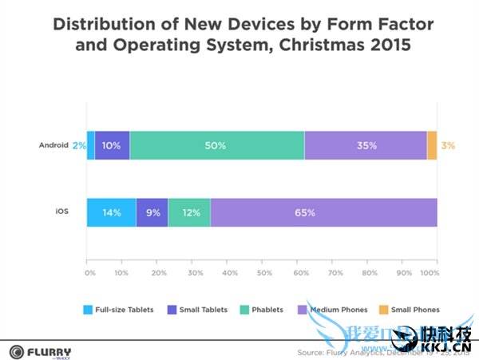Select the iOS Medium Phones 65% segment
324,213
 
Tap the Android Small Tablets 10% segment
112,145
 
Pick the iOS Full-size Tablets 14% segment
111,213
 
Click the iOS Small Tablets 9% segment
152,213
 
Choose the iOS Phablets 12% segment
189,213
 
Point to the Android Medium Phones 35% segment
366,145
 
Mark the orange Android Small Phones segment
432,145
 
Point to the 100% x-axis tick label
430,273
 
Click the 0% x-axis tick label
90,273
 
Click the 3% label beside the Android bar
448,145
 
